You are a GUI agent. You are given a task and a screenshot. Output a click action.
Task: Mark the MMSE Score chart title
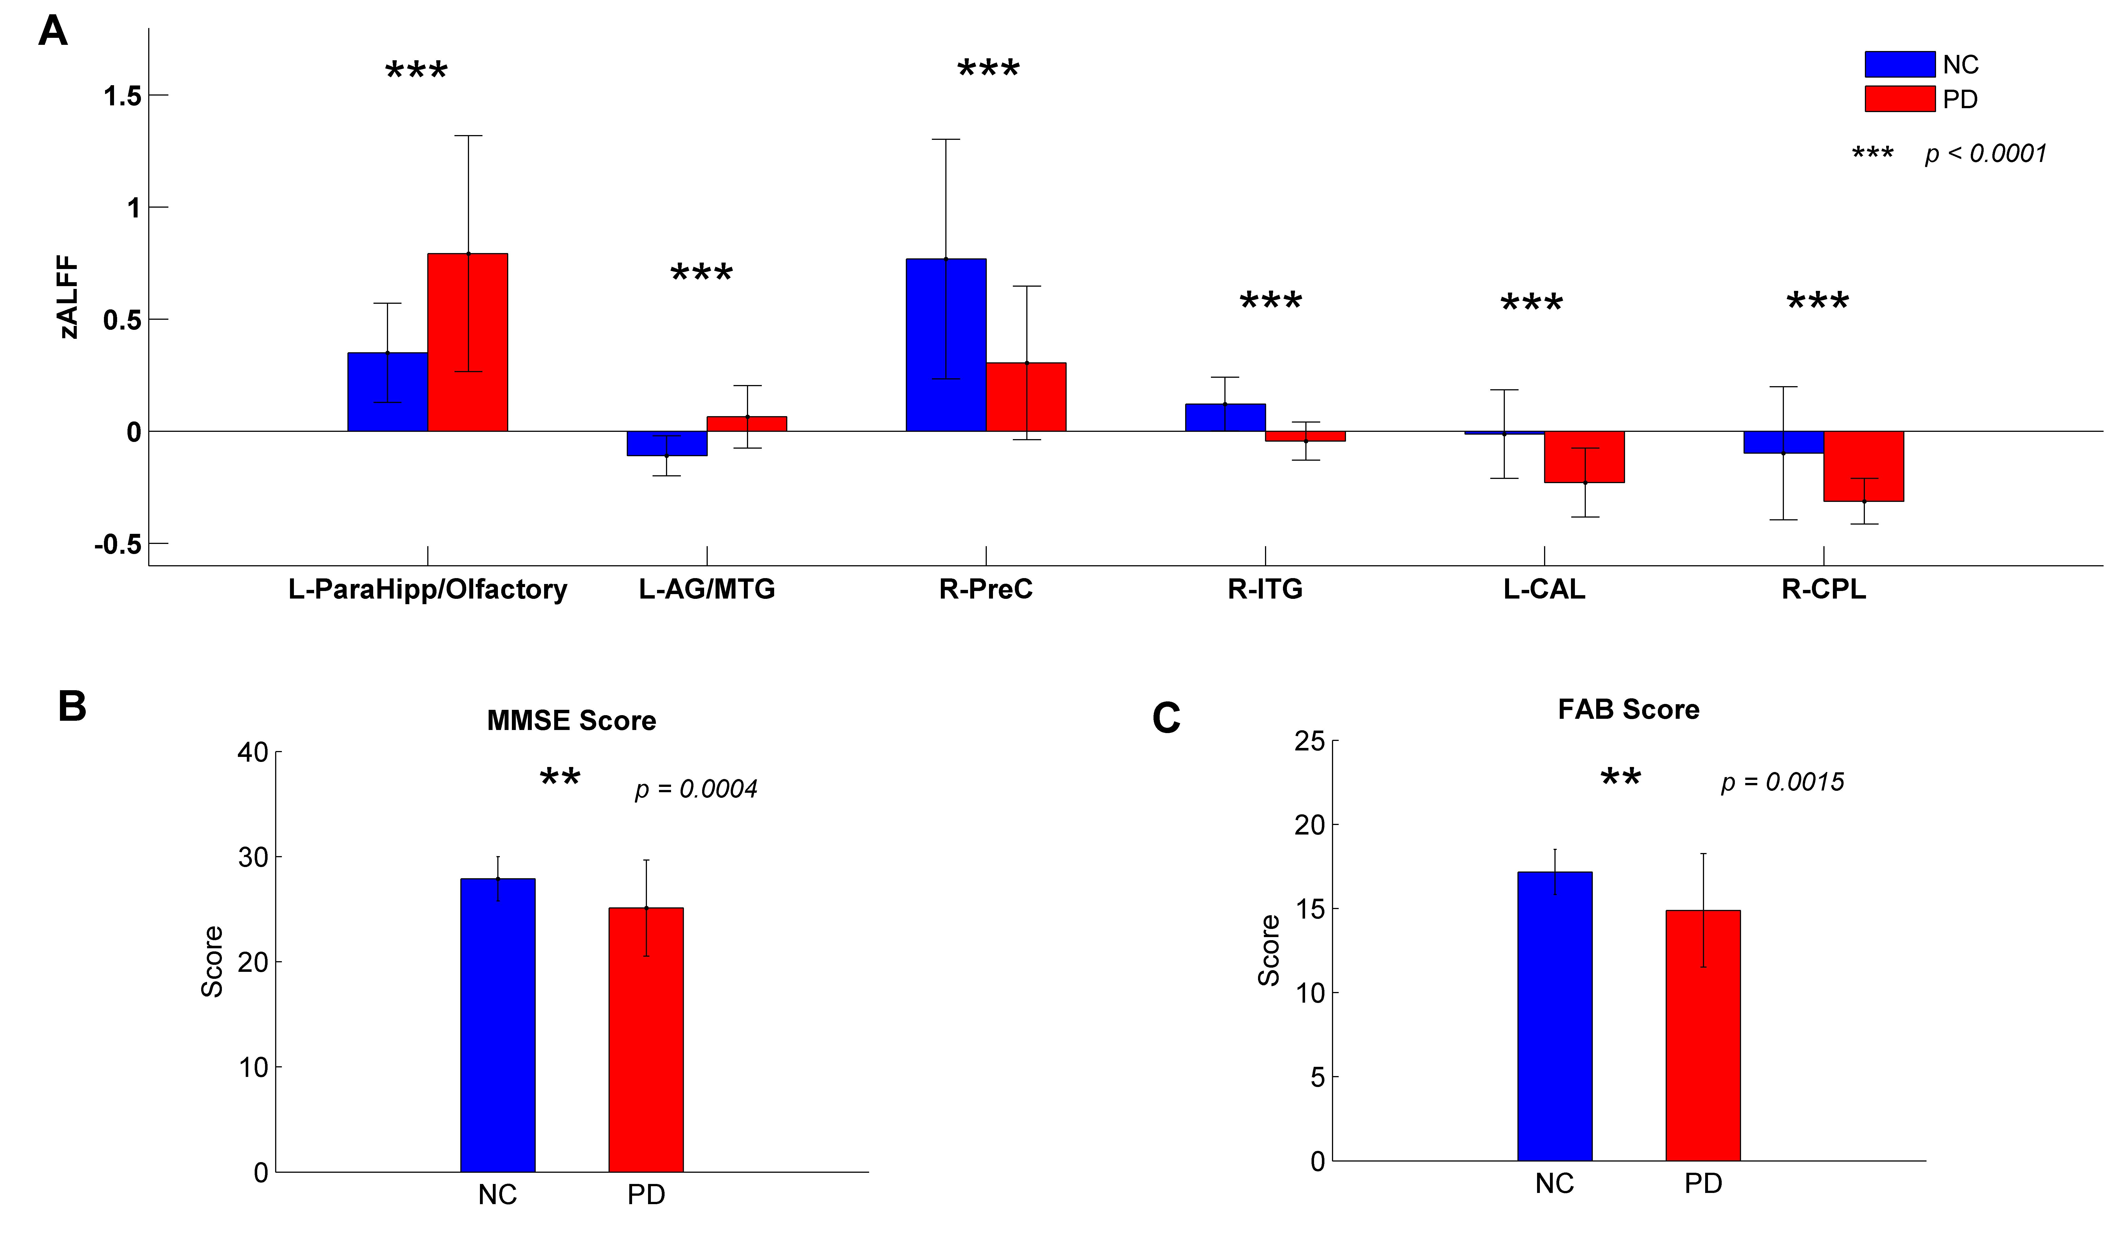coord(571,720)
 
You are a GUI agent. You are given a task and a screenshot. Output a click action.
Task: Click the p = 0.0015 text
coord(1782,782)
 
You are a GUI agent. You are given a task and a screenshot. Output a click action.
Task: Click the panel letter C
coord(1166,718)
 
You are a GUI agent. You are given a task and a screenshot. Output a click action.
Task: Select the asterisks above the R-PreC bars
coord(988,69)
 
